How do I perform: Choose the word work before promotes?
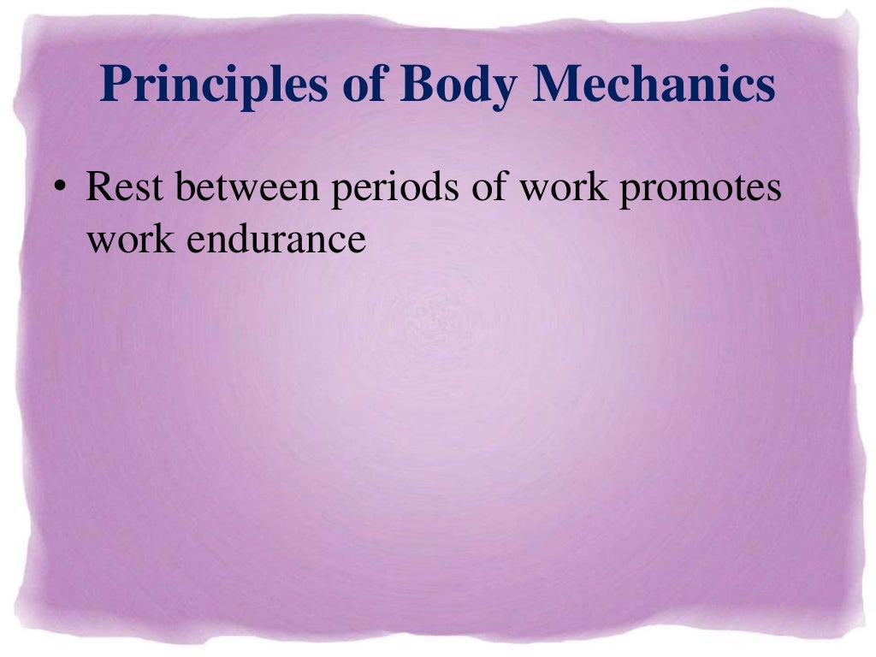[564, 188]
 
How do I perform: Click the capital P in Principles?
[115, 86]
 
